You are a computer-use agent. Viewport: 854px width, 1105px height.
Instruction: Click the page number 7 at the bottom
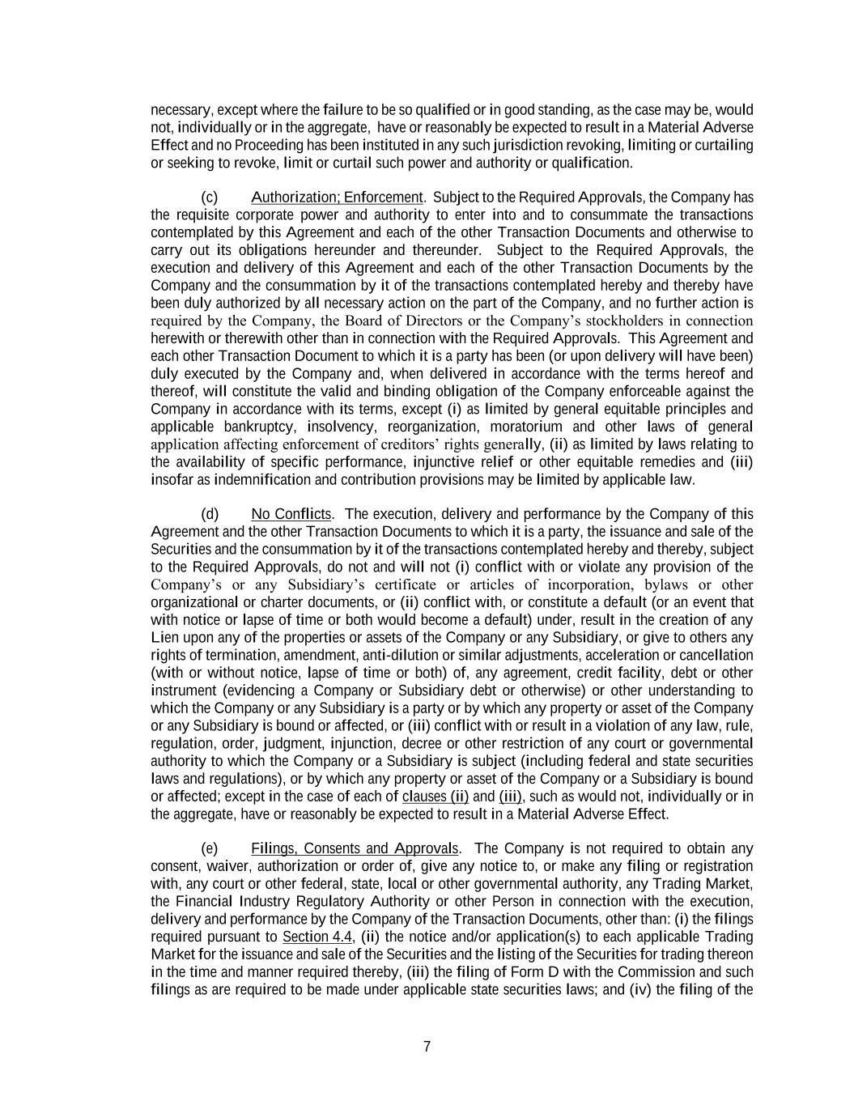click(427, 1047)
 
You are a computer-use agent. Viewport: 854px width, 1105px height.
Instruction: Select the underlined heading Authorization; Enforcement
click(337, 198)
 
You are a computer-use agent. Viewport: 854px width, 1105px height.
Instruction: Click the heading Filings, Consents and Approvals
click(355, 848)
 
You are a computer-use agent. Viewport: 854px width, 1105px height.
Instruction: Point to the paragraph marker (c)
click(209, 198)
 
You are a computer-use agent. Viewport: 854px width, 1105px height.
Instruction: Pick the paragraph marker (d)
click(209, 514)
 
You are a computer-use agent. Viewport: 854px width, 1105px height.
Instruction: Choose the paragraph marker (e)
click(209, 848)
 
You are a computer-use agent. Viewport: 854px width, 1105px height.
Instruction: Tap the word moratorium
click(526, 427)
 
